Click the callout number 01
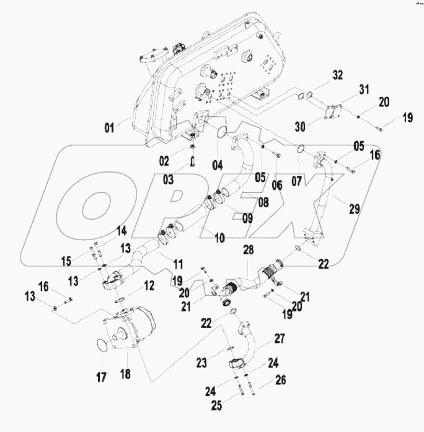point(109,129)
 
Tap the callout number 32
point(337,75)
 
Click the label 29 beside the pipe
point(354,210)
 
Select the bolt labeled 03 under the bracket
point(193,163)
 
